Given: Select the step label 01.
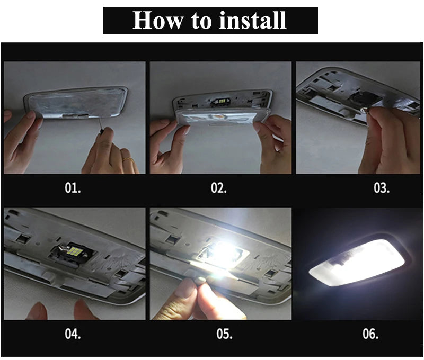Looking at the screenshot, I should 73,188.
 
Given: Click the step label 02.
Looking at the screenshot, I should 219,188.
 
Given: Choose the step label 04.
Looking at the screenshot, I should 73,334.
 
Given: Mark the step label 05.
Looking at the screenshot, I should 224,334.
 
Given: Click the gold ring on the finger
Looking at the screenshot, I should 128,158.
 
